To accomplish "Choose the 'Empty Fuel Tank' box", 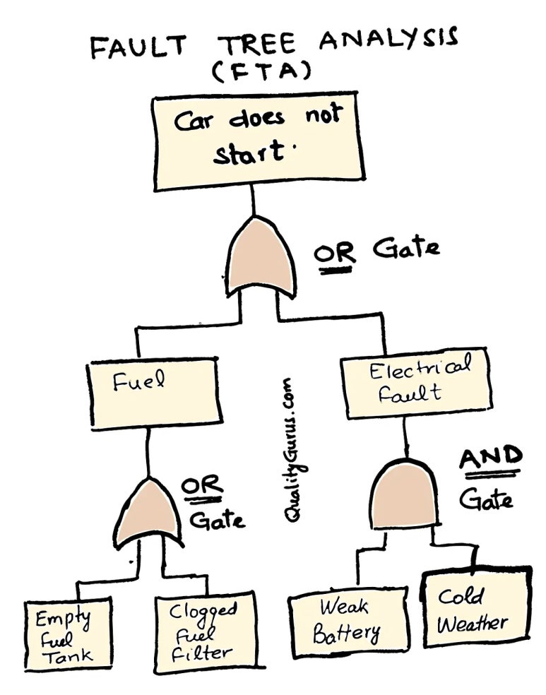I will click(68, 634).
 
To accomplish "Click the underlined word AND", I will click(491, 458).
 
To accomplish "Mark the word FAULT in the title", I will click(141, 46).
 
